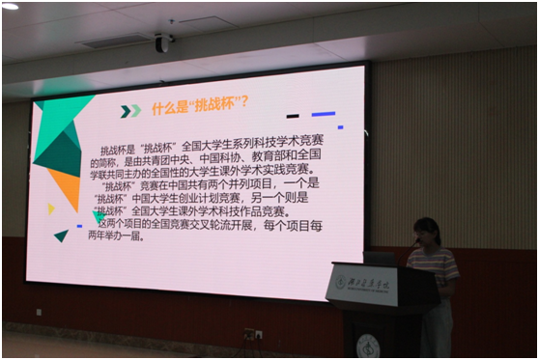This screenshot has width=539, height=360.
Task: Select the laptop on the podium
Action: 379,258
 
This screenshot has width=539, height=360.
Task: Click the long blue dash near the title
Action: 323,114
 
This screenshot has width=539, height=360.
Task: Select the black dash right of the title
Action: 293,116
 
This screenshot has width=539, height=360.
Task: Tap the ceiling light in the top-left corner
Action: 10,6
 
